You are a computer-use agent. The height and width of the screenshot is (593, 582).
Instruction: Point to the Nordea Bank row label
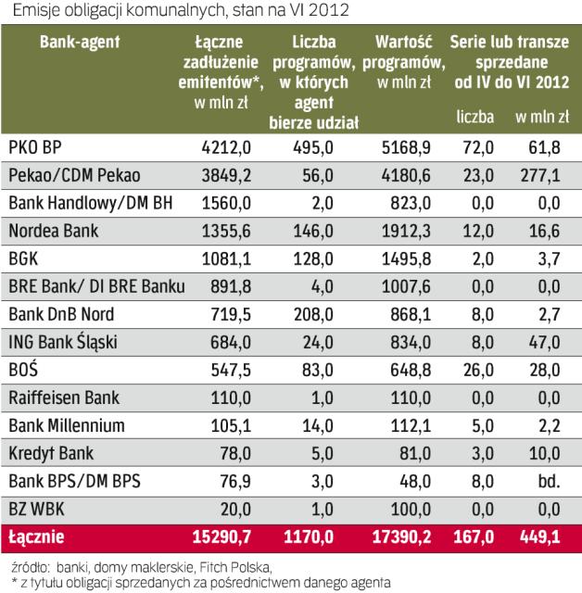[x=53, y=232]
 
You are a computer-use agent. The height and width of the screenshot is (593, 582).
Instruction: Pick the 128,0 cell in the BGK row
[x=312, y=259]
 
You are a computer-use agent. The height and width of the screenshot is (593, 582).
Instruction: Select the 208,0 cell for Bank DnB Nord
[x=312, y=315]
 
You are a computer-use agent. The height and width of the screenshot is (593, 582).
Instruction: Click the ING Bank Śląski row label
[x=61, y=343]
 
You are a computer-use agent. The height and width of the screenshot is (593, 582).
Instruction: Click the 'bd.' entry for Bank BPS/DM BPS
[x=550, y=482]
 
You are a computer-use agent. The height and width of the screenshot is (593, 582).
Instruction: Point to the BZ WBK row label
[x=36, y=510]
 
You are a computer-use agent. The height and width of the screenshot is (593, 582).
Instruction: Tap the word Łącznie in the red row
[x=41, y=538]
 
